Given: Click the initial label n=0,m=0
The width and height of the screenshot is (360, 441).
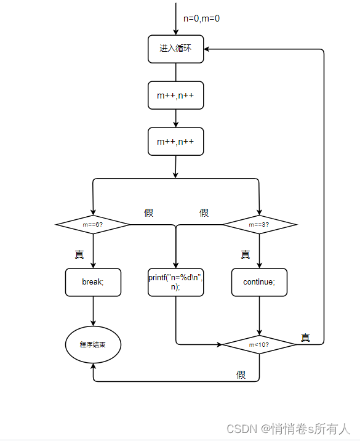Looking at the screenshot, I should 201,18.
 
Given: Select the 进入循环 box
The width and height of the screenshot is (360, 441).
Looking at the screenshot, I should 175,49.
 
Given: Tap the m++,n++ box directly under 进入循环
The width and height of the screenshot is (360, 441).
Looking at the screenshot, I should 175,95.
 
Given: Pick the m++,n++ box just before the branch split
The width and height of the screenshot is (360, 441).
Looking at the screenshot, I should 175,142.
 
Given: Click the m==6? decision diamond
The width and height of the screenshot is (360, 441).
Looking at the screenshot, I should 93,225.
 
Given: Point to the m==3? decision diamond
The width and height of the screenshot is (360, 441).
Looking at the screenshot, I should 259,225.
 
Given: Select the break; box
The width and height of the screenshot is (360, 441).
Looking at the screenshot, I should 93,282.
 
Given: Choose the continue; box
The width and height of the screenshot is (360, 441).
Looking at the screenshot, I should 259,282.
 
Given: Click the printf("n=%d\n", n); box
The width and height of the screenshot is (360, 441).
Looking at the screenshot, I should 175,282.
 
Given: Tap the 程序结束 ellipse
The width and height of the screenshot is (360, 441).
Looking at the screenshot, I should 93,344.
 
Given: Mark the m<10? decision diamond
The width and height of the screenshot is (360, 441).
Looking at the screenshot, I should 259,345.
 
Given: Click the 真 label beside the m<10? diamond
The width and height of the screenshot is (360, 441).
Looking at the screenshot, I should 305,338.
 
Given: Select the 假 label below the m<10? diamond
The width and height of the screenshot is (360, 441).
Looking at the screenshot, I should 241,374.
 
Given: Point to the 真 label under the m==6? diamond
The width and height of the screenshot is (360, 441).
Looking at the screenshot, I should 79,254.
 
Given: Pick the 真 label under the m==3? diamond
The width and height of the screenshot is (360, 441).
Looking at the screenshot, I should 245,254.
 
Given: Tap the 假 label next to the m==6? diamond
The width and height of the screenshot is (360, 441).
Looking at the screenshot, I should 148,212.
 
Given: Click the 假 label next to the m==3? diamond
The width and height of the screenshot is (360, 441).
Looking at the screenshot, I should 204,212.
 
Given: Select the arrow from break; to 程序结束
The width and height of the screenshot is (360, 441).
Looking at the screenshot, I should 93,311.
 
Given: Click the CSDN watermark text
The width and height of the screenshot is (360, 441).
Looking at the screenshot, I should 288,429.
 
